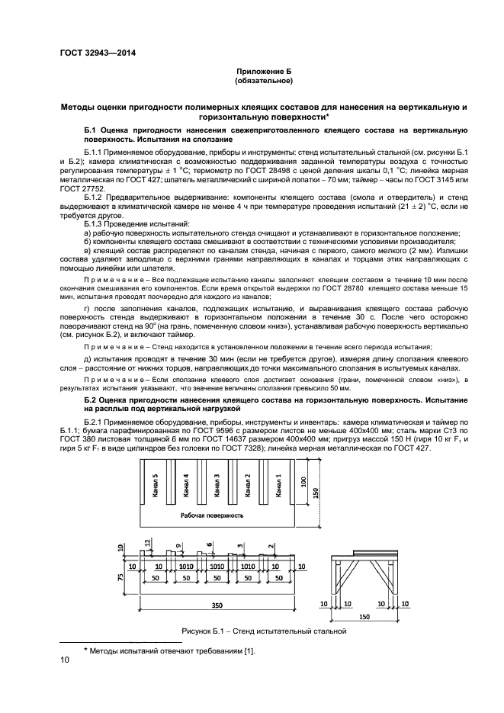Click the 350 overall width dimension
coord(218,604)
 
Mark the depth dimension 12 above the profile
coord(148,542)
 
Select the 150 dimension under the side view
coord(364,616)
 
